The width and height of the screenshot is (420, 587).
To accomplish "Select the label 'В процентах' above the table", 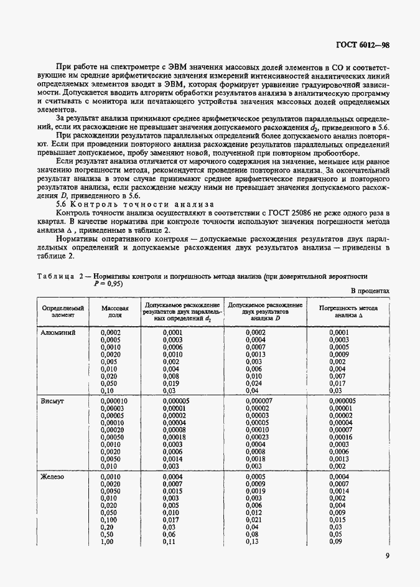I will tap(370, 291).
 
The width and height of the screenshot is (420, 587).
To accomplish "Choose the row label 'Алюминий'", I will tap(58, 333).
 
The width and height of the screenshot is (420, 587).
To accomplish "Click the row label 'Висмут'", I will tap(53, 401).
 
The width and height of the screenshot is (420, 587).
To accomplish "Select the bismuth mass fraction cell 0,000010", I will tap(114, 401).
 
